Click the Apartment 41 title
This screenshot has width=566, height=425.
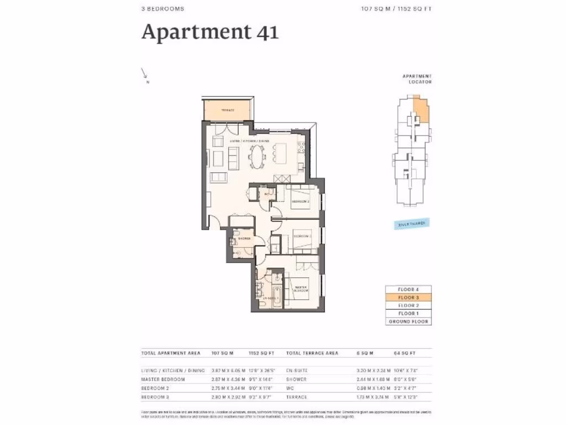210,32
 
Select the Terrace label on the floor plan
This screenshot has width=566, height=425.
228,110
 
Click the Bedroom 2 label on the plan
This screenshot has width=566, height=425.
300,202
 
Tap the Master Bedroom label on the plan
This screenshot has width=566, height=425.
301,288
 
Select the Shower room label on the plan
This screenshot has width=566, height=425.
244,239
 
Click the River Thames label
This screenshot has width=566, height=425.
411,224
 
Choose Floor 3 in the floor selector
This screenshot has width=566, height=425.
408,297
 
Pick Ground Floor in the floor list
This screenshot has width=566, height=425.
408,322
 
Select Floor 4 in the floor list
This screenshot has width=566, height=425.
408,289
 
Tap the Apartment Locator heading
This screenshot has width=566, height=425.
417,79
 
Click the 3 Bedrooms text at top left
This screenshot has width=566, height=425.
163,9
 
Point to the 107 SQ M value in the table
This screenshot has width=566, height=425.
223,353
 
